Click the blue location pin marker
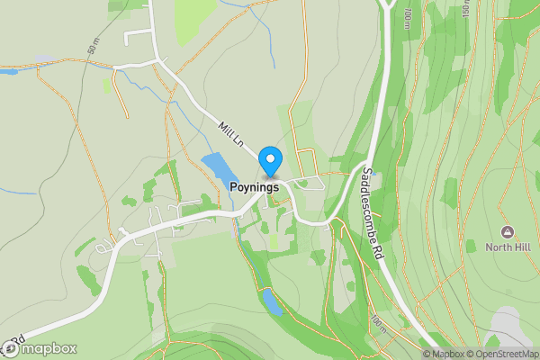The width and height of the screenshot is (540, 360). (270, 161)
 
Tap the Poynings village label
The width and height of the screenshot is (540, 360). (247, 187)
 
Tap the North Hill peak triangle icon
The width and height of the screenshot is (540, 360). (508, 232)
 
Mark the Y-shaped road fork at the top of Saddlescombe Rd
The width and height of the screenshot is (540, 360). (387, 7)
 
